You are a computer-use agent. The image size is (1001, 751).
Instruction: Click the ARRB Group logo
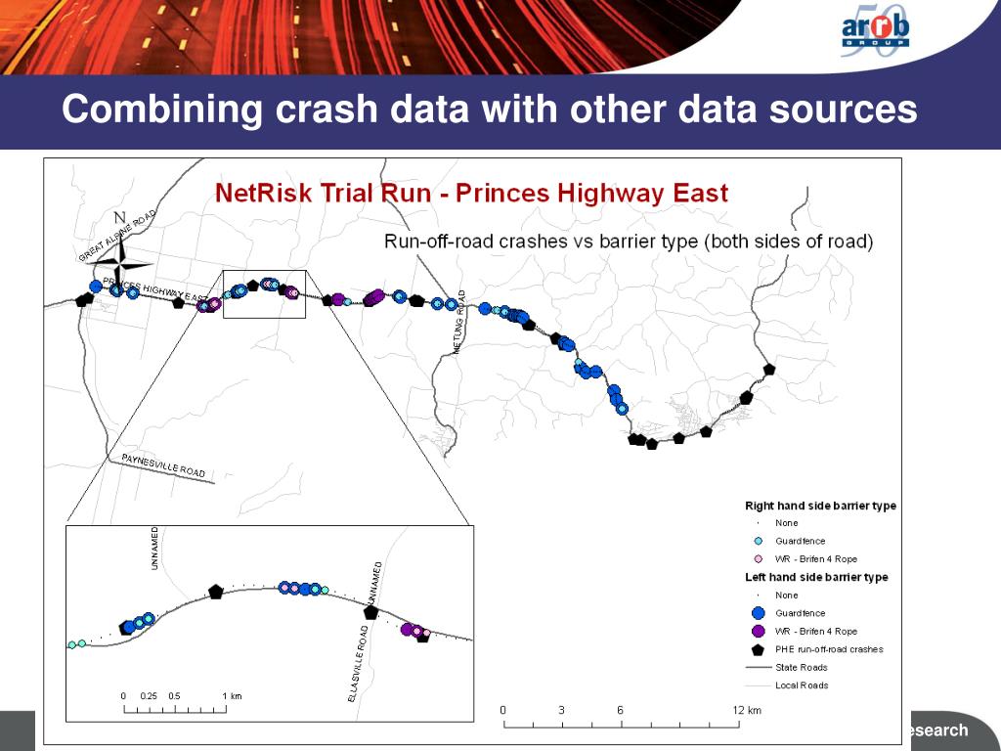pos(875,37)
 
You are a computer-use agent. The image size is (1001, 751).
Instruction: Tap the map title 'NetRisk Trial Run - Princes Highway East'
pos(471,192)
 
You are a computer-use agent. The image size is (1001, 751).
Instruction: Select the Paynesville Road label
pos(163,465)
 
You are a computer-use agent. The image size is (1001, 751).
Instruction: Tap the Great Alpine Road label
pos(116,236)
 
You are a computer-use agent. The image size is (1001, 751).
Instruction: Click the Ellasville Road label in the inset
pos(358,669)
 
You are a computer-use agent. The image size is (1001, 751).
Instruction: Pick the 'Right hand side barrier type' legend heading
pos(820,506)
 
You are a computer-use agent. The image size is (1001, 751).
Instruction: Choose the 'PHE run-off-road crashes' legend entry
pos(829,648)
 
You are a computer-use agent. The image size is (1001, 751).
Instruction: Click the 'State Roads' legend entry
pos(802,667)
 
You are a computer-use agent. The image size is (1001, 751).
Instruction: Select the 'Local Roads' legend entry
pos(802,685)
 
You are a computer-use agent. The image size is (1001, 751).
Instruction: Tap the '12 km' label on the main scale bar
pos(747,710)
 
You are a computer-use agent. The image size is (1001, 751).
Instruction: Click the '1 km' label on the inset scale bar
pos(232,695)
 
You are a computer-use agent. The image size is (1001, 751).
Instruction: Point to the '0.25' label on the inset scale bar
pos(149,695)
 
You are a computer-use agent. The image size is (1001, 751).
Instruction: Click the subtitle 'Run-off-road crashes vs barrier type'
pos(628,241)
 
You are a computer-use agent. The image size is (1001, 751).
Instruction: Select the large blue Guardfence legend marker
pos(757,613)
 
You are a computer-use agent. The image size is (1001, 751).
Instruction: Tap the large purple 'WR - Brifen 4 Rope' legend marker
pos(757,631)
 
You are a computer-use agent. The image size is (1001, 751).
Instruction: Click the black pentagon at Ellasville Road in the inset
pos(370,612)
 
